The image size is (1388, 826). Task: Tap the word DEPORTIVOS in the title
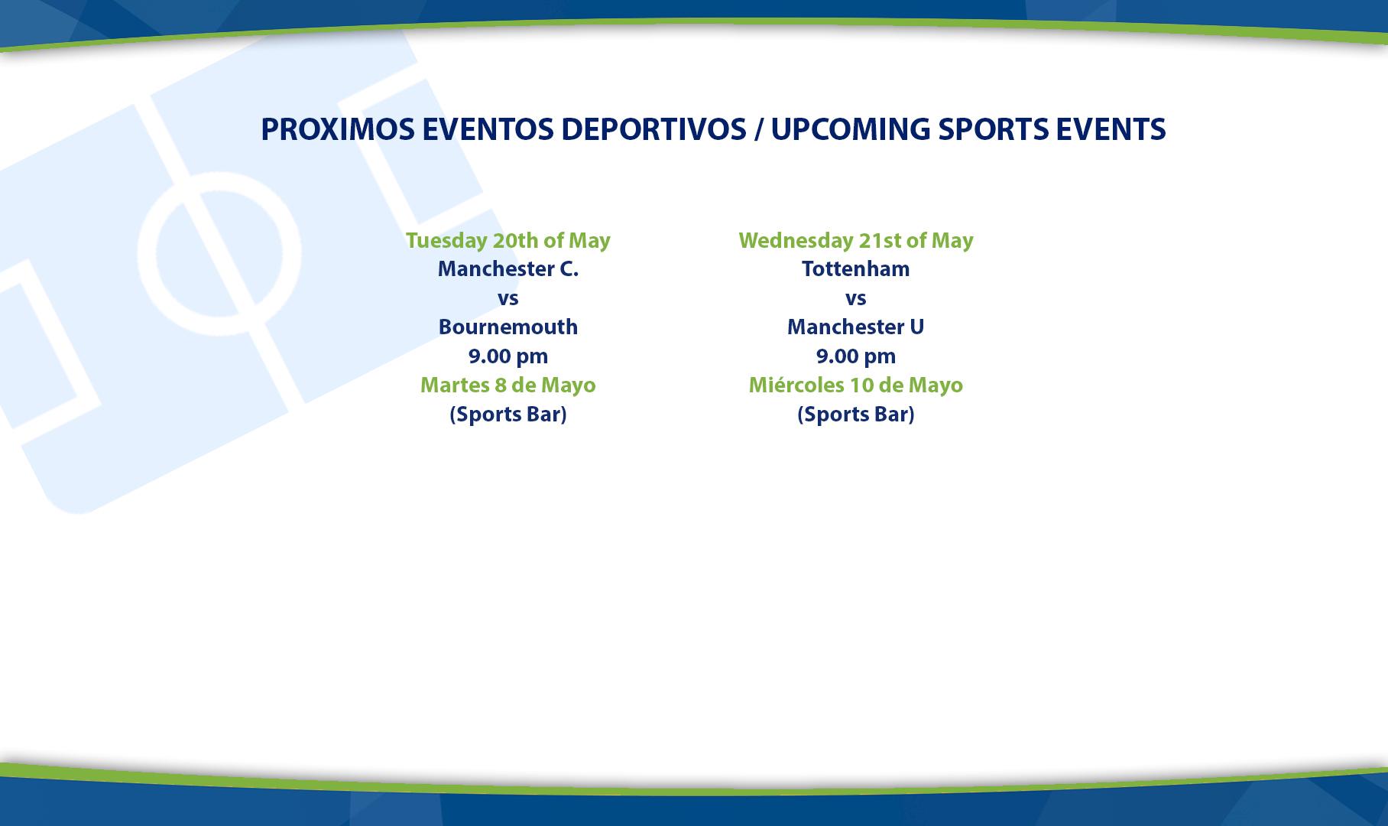(653, 129)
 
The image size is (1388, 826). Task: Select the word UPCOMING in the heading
(851, 129)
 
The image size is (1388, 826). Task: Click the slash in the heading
(758, 129)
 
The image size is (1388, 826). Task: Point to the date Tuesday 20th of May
(508, 240)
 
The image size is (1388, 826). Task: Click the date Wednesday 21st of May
(856, 240)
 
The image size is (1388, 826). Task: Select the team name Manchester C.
(508, 269)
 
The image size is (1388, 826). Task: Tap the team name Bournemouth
(508, 327)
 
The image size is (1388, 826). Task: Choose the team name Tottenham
(856, 269)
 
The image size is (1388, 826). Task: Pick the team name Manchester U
(856, 327)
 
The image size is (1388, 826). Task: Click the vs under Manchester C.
(508, 299)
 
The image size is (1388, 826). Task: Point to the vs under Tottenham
(856, 299)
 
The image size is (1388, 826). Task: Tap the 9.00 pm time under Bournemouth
(508, 356)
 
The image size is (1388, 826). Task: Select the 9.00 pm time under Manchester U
(856, 356)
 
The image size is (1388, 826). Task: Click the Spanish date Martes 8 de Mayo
(508, 385)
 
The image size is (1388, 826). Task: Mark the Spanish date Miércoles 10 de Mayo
(856, 385)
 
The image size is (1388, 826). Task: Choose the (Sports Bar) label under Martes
(508, 415)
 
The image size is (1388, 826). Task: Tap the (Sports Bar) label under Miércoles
(856, 415)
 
